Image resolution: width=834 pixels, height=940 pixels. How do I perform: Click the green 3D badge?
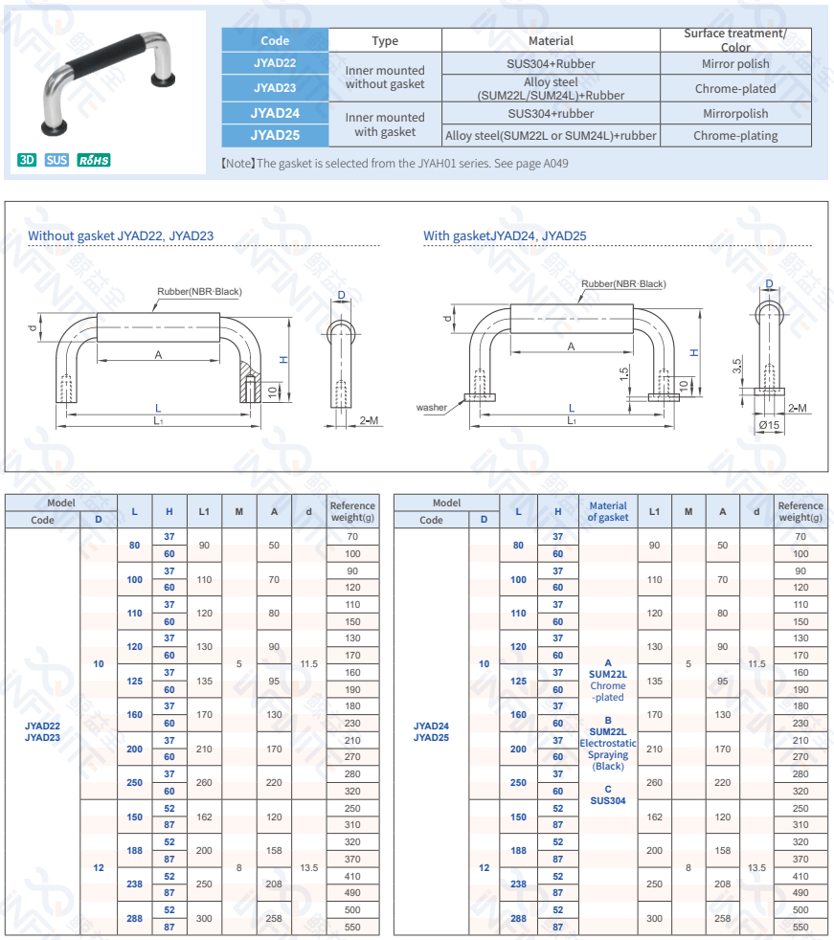[27, 160]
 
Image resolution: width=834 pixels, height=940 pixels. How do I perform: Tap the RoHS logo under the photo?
[93, 160]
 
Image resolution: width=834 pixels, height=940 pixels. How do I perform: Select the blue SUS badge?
[56, 160]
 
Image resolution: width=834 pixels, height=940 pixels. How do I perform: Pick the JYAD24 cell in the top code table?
[275, 113]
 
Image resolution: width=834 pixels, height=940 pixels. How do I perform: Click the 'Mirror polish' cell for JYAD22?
[735, 64]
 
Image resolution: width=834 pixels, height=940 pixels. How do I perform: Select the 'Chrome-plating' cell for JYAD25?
[735, 136]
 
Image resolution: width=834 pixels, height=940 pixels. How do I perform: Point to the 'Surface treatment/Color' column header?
[735, 40]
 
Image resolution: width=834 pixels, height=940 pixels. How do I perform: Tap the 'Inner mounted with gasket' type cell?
[385, 124]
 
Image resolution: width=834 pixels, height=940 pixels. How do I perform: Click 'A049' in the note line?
[555, 164]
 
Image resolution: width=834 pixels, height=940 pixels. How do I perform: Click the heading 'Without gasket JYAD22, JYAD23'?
[121, 235]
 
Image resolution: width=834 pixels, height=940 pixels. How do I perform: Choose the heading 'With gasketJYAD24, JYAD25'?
[505, 235]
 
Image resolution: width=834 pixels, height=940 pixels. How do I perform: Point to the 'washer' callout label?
[431, 408]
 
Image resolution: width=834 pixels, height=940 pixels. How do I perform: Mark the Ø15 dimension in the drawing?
[769, 424]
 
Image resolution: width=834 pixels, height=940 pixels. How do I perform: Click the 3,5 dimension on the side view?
[736, 366]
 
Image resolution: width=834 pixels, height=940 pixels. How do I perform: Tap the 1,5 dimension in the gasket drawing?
[623, 374]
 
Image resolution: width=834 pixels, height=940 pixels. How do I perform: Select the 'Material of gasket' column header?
[608, 511]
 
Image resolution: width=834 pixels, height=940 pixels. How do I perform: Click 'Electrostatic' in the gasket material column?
[608, 743]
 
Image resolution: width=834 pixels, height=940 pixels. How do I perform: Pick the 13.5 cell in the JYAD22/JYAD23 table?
[309, 867]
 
